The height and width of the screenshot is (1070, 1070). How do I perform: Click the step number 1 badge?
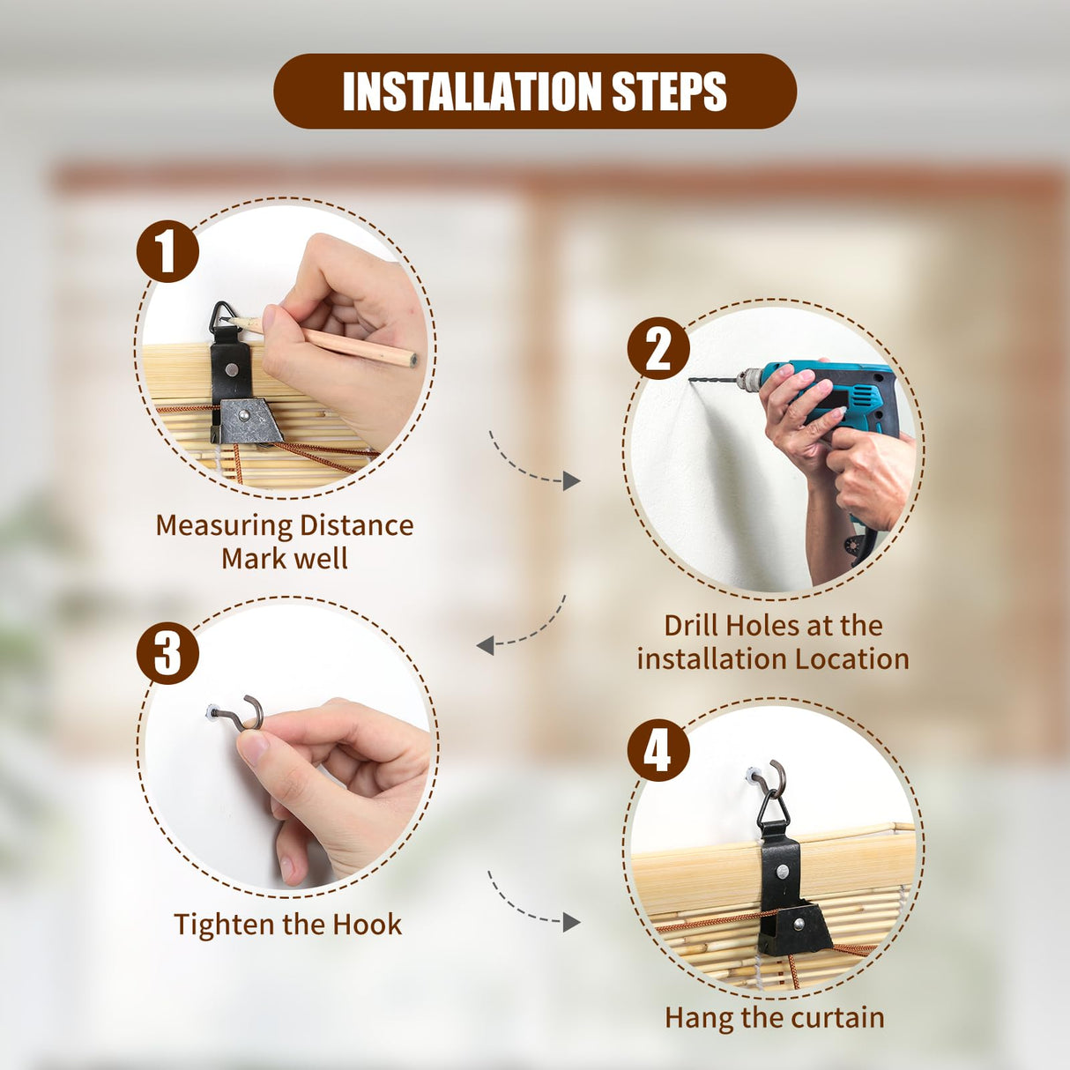167,251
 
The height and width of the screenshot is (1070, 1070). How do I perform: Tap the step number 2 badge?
658,348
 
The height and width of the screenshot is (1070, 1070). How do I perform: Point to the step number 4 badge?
658,750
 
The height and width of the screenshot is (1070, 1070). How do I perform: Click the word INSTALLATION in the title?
472,91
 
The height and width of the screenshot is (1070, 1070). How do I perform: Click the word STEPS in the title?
670,91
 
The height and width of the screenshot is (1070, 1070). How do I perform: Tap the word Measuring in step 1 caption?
224,526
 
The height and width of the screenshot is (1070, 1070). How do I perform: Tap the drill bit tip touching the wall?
691,381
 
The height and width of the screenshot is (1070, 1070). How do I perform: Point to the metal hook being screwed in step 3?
244,716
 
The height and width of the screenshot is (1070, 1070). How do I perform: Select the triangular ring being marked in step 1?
223,316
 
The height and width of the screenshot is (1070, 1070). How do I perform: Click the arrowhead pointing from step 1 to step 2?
571,481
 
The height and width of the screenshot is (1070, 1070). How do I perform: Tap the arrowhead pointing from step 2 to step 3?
486,645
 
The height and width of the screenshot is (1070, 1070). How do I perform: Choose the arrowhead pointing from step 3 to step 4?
571,922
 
